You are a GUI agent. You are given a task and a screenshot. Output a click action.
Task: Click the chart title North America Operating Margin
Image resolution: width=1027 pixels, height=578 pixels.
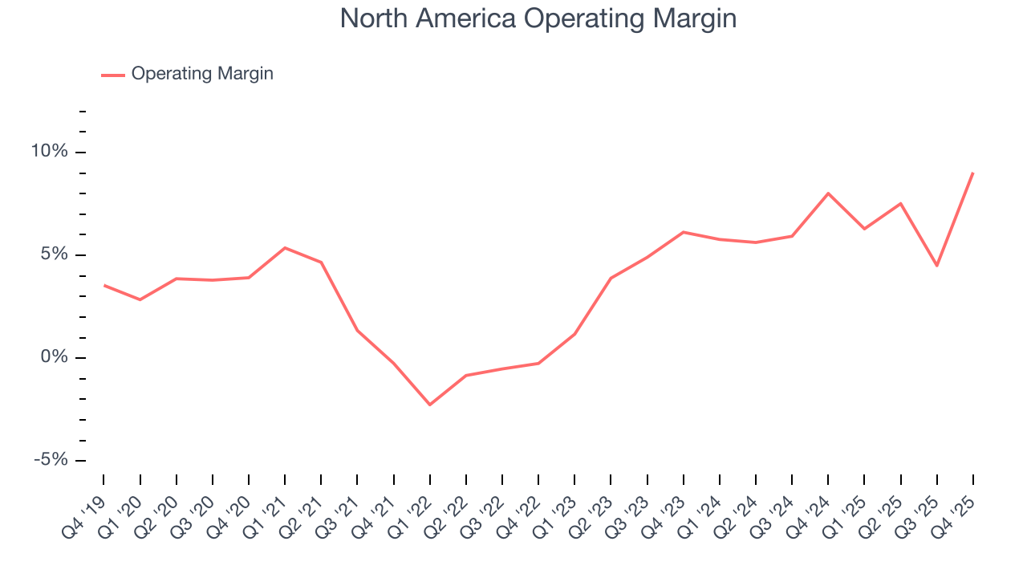click(538, 18)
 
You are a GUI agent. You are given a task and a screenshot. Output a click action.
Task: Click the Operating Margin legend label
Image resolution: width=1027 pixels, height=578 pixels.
click(202, 74)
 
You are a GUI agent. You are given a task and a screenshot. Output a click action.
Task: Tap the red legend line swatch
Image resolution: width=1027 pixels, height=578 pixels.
click(113, 75)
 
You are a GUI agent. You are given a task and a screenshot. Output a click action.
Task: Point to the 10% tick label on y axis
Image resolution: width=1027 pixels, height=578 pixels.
click(51, 152)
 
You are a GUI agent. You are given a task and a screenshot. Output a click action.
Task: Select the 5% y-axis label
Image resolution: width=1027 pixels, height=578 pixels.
click(55, 254)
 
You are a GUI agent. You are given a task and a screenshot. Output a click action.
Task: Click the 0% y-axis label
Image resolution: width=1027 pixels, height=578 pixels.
click(55, 357)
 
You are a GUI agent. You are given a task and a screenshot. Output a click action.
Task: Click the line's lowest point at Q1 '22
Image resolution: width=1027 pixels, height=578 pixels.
click(430, 405)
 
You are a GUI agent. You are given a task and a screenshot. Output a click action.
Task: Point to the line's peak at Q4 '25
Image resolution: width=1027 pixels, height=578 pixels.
click(973, 173)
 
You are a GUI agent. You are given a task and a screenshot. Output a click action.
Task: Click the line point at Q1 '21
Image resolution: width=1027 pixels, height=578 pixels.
click(285, 247)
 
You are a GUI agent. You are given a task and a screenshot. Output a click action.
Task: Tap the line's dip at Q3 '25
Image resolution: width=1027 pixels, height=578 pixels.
click(937, 266)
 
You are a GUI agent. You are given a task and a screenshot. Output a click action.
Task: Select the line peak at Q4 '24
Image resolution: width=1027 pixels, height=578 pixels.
click(828, 193)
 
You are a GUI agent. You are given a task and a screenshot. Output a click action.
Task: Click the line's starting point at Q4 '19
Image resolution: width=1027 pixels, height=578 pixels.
click(104, 285)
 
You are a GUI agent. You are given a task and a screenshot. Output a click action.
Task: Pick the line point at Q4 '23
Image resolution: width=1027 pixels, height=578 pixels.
click(683, 232)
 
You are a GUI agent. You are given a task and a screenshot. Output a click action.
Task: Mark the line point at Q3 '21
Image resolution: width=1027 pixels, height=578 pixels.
click(357, 330)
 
